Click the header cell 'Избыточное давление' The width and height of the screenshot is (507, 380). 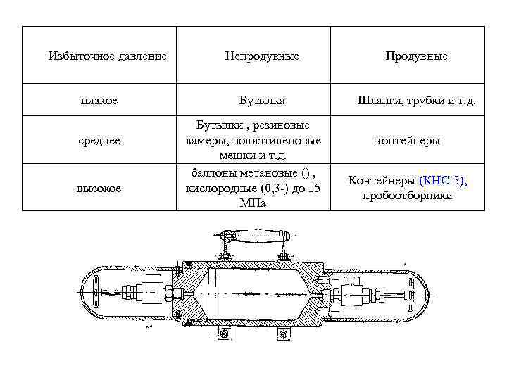[x=107, y=56]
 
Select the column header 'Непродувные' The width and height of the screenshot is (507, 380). [x=262, y=56]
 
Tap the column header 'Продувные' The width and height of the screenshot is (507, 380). [x=416, y=56]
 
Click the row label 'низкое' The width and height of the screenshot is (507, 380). [x=99, y=101]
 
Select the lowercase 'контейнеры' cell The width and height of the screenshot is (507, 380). [x=408, y=141]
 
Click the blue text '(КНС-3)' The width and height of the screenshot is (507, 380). [x=442, y=181]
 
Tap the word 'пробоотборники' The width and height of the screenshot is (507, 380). [x=407, y=195]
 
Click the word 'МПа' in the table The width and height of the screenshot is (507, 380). [x=253, y=203]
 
